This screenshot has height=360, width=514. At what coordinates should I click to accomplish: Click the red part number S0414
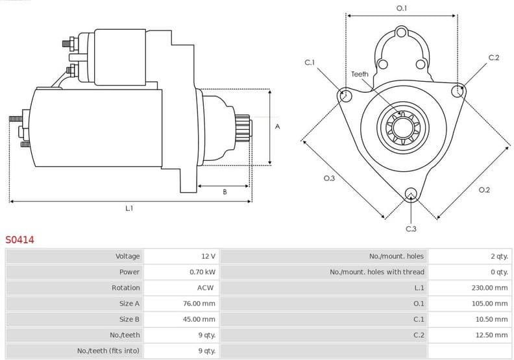point(20,239)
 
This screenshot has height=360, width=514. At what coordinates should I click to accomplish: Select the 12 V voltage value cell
point(208,256)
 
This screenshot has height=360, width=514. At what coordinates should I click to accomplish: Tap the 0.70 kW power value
point(202,272)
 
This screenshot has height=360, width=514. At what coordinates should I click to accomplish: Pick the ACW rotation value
point(206,287)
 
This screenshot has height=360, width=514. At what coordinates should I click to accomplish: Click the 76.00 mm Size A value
point(199,304)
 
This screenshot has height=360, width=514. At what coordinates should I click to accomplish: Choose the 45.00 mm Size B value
point(199,319)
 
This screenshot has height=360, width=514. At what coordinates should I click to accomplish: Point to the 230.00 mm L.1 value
point(489,287)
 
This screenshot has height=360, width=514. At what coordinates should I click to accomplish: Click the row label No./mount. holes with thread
point(376,272)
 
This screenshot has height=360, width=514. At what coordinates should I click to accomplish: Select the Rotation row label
point(125,287)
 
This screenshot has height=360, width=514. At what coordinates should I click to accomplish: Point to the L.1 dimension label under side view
point(129,208)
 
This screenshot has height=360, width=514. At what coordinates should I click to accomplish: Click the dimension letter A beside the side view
point(277,126)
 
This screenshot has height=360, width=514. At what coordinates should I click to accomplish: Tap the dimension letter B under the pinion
point(225,192)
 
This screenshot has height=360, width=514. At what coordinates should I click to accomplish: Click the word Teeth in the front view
point(360,74)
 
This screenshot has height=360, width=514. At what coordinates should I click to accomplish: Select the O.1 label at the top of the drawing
point(402,8)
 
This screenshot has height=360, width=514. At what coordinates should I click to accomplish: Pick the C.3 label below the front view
point(411,228)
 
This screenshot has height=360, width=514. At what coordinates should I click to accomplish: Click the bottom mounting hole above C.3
point(410,193)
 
